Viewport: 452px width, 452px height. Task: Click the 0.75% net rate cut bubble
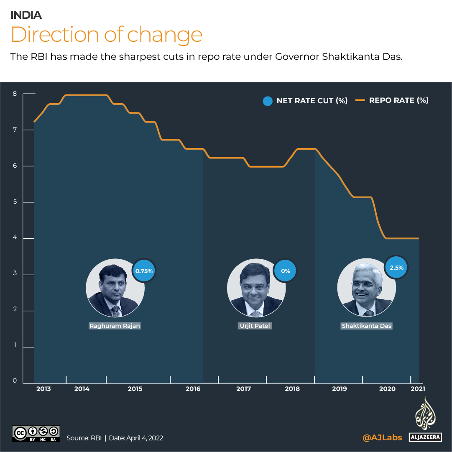[x=144, y=271]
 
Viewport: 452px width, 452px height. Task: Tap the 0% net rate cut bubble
[x=285, y=271]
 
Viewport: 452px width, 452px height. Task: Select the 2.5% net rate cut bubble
[x=396, y=267]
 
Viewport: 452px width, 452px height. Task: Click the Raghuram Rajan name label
[x=115, y=326]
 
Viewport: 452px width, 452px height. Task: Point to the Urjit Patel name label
[x=255, y=326]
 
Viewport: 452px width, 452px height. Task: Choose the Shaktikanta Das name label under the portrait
[x=367, y=326]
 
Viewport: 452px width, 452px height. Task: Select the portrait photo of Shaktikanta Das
[x=366, y=289]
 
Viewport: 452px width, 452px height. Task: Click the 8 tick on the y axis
[x=15, y=94]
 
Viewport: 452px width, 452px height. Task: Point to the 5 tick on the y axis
[x=15, y=202]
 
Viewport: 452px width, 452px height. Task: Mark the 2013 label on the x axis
[x=43, y=389]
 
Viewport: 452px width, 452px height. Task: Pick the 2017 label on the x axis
[x=243, y=389]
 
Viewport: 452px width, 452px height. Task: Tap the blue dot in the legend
[x=268, y=101]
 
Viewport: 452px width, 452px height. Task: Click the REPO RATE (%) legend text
[x=398, y=100]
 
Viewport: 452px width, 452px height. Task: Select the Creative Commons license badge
[x=36, y=434]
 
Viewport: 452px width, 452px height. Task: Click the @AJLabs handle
[x=382, y=437]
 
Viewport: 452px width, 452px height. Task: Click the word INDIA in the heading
[x=26, y=15]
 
